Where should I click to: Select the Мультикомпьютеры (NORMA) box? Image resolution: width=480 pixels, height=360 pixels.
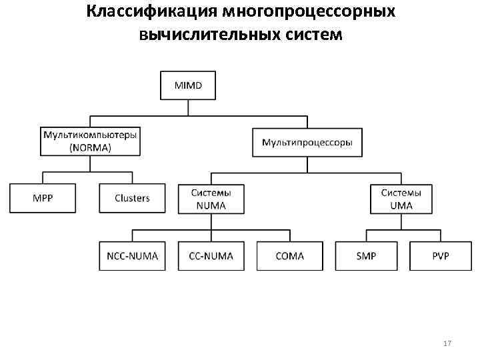pyautogui.click(x=91, y=141)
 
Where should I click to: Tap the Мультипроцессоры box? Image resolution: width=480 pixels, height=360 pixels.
pyautogui.click(x=307, y=142)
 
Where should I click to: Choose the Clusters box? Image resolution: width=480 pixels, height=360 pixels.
pyautogui.click(x=132, y=198)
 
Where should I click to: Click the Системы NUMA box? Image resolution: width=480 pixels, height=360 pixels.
pyautogui.click(x=211, y=198)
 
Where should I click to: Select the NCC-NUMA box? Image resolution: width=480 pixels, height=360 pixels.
pyautogui.click(x=132, y=256)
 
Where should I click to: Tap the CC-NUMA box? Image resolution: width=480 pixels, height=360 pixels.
pyautogui.click(x=211, y=256)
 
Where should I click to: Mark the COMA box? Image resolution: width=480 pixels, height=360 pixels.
pyautogui.click(x=289, y=256)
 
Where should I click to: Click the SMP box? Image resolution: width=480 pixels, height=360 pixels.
pyautogui.click(x=367, y=256)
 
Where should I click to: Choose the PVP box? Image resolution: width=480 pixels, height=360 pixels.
pyautogui.click(x=441, y=256)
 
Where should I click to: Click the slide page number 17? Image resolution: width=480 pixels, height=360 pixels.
pyautogui.click(x=447, y=343)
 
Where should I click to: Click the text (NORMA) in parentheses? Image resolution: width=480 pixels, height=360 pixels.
pyautogui.click(x=91, y=147)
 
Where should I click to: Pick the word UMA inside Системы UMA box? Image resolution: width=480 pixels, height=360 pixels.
pyautogui.click(x=401, y=205)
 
